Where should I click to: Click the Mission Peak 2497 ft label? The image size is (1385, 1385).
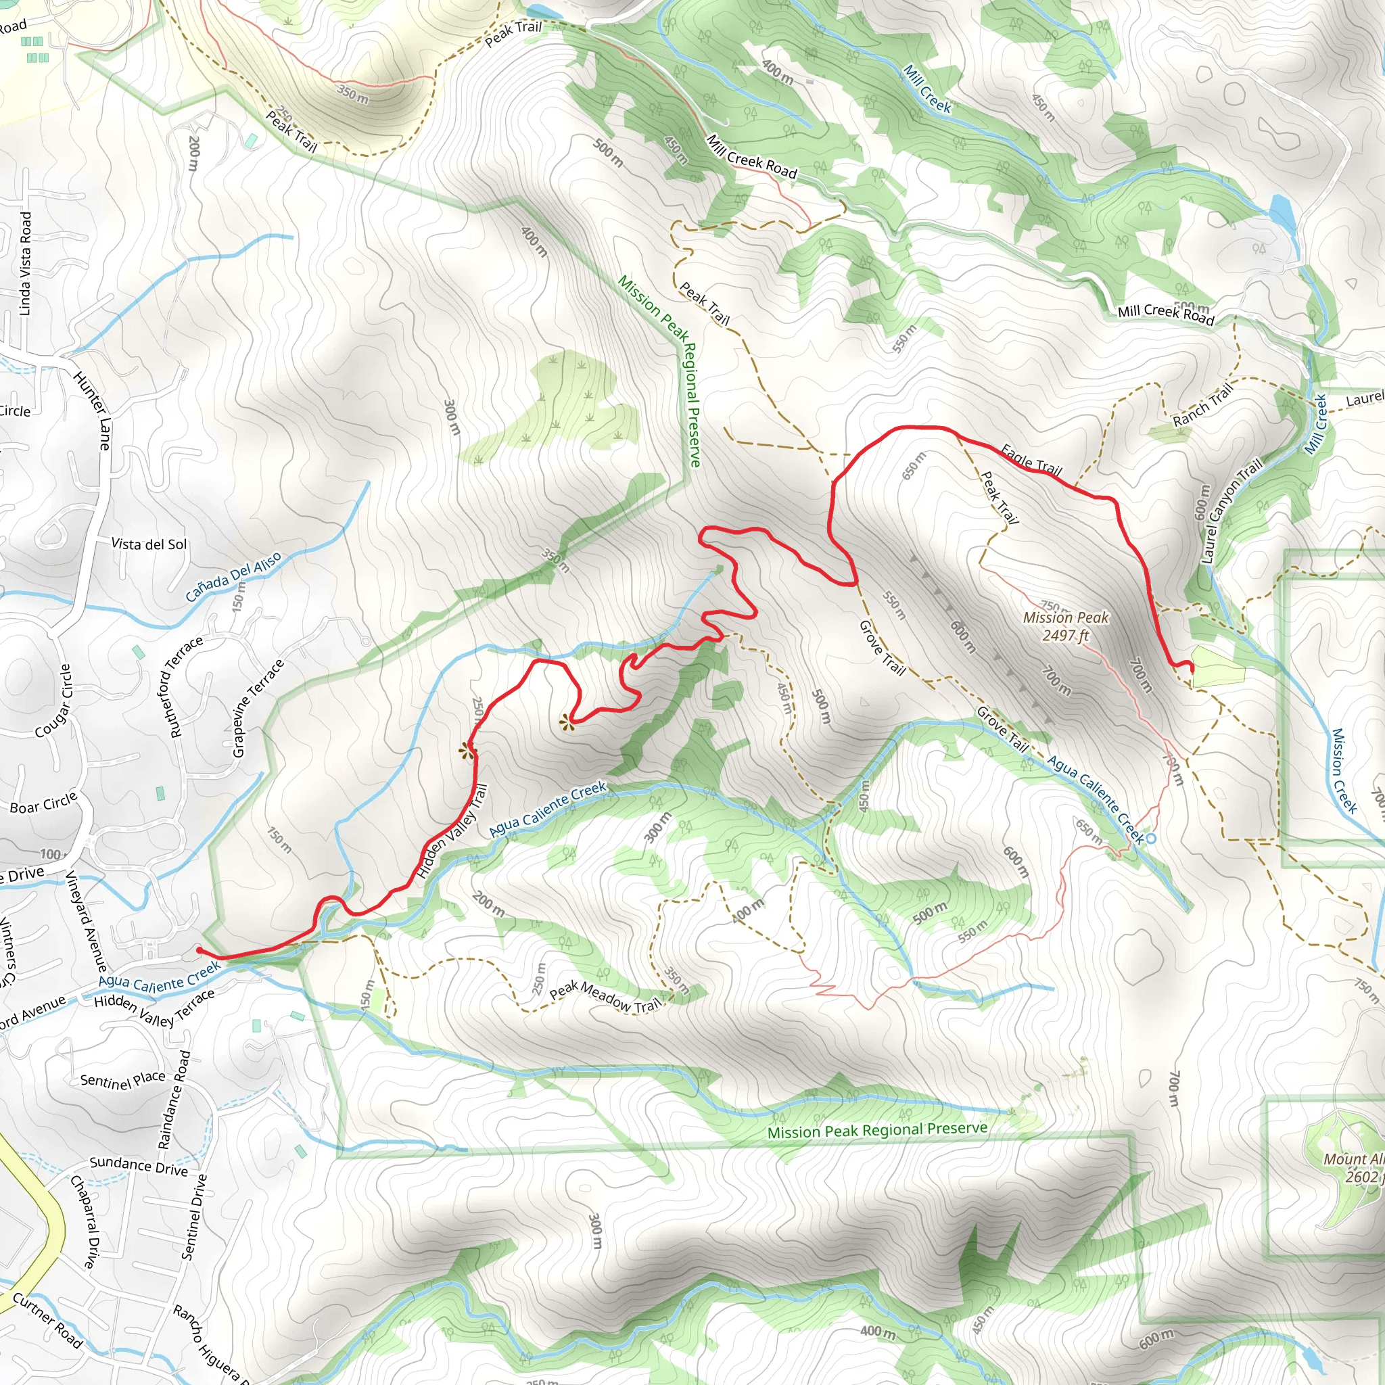click(1065, 626)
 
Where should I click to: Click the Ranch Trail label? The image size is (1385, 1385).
click(1203, 405)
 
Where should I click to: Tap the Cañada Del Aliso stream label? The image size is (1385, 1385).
click(233, 577)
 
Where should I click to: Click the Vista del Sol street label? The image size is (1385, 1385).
click(149, 544)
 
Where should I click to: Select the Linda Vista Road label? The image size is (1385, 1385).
click(25, 263)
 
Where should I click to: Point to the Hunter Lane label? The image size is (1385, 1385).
click(93, 410)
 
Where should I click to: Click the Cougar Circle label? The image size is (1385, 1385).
click(55, 701)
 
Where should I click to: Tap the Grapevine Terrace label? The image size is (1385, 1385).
click(258, 707)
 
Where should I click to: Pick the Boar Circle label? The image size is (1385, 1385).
click(43, 803)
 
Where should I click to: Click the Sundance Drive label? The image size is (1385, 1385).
click(139, 1167)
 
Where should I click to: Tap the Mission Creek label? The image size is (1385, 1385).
click(1344, 772)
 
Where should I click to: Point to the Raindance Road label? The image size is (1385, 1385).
click(174, 1100)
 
